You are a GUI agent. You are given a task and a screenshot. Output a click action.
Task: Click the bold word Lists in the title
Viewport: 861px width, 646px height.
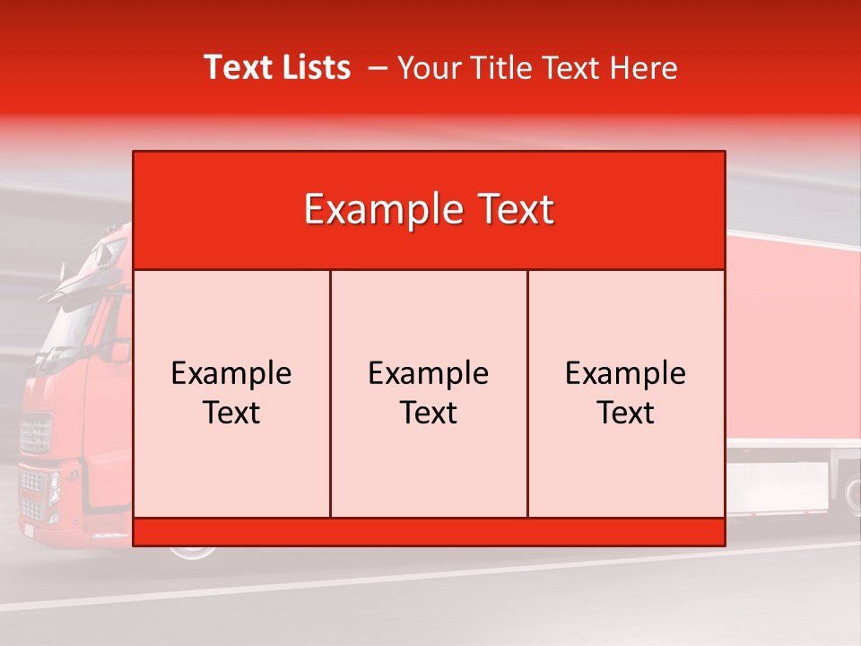click(x=313, y=67)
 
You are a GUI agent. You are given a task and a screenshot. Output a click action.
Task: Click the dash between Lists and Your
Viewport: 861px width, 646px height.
click(x=378, y=68)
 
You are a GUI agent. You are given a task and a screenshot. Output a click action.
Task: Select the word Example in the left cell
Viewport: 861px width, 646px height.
click(x=231, y=373)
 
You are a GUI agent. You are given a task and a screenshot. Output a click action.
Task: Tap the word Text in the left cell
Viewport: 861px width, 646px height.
click(x=231, y=413)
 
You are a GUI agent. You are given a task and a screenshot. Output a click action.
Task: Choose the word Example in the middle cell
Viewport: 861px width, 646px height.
click(x=429, y=373)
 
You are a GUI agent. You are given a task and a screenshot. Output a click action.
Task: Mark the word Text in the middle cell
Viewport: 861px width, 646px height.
click(x=429, y=413)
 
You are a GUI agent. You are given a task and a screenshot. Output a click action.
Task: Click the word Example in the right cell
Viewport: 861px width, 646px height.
click(x=626, y=373)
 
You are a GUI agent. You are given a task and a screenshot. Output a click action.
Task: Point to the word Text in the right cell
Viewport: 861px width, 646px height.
click(x=626, y=413)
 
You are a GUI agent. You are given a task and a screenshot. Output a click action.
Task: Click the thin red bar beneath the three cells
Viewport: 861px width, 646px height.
click(x=429, y=532)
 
